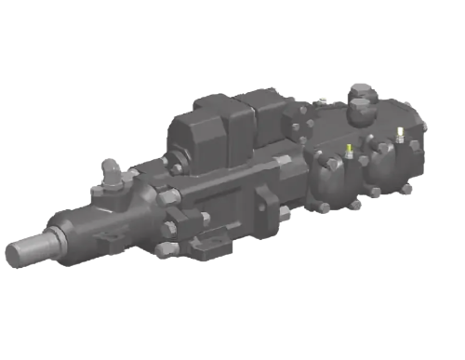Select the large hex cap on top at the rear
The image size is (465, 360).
click(x=361, y=96)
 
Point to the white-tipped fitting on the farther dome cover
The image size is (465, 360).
click(x=400, y=131)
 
